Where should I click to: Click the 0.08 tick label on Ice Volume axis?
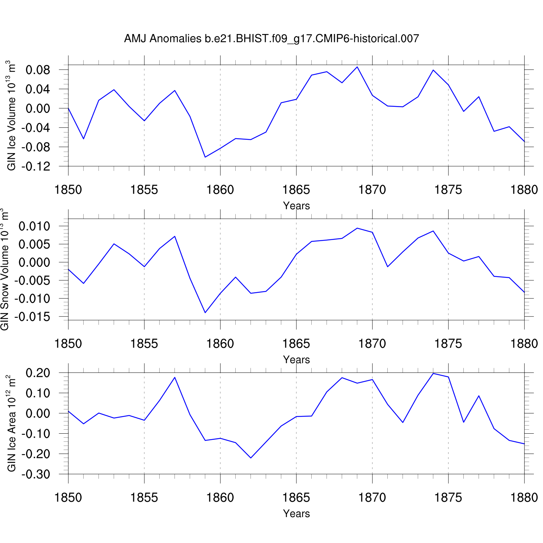38,70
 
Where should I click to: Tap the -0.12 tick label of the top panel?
35,167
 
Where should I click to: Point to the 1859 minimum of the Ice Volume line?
205,157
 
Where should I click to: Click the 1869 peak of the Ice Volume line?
357,67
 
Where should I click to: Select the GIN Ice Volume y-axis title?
12,115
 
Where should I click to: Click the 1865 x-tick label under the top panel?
296,190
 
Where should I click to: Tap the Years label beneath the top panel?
296,206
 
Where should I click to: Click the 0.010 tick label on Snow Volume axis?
34,227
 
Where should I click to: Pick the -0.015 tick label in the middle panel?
32,317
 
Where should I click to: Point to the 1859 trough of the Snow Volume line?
205,312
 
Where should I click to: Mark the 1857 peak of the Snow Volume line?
175,236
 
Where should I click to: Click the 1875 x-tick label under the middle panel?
448,344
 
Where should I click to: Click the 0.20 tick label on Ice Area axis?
38,373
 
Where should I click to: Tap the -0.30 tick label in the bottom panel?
35,474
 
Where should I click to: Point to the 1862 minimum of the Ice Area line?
251,458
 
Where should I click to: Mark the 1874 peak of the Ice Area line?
433,373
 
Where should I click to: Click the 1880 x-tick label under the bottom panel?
524,498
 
